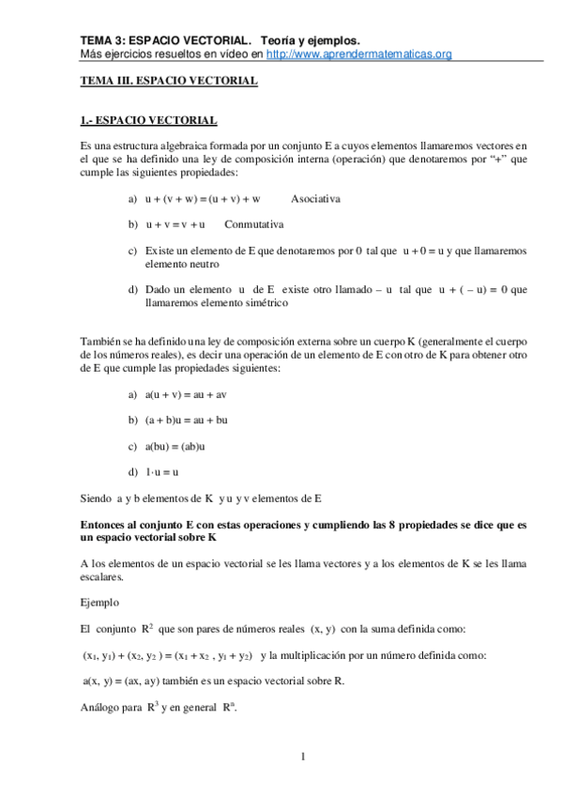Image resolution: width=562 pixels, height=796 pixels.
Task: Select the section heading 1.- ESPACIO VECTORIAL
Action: point(149,121)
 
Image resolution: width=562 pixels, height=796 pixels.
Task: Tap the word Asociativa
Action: point(316,200)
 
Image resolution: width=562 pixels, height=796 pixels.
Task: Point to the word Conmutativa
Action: point(254,225)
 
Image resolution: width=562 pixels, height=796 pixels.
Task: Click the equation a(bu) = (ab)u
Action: point(175,445)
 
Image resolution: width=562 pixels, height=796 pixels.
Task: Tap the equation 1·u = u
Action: point(162,470)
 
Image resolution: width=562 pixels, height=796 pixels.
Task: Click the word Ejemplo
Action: point(100,602)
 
